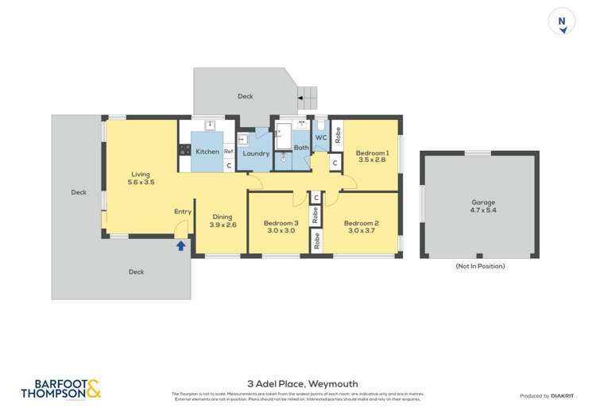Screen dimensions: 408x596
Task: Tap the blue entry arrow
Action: point(180,246)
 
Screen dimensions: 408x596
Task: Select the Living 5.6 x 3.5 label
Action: point(141,179)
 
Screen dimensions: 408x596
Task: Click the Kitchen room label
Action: point(207,152)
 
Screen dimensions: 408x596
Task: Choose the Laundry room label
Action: point(256,153)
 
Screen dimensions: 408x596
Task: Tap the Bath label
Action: point(301,148)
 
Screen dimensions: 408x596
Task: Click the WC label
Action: point(321,138)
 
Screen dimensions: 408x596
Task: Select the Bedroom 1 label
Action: point(371,156)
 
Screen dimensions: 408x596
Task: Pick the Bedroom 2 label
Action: point(361,227)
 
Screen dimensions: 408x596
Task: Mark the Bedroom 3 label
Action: point(281,227)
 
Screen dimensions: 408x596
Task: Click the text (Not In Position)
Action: point(479,267)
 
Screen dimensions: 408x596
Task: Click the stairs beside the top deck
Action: point(307,98)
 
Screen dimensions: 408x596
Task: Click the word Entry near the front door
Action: point(183,211)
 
